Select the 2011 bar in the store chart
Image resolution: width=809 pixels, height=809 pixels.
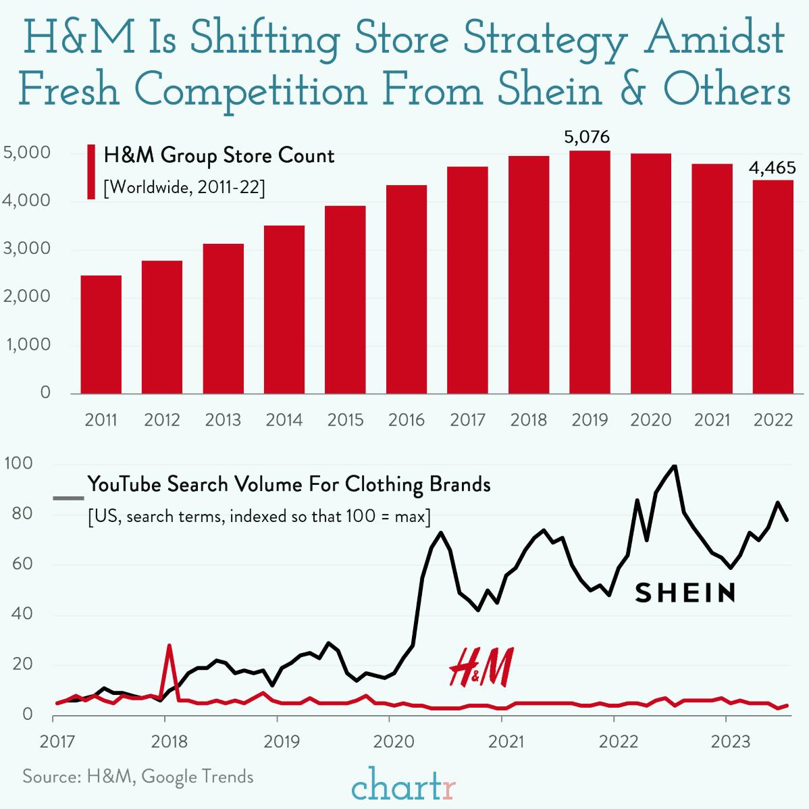pyautogui.click(x=101, y=334)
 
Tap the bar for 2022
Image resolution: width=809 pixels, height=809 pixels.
pyautogui.click(x=773, y=286)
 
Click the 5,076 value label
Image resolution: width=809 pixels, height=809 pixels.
pyautogui.click(x=587, y=138)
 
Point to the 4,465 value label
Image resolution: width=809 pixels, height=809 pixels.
pyautogui.click(x=772, y=168)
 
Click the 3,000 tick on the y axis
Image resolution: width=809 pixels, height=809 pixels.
pyautogui.click(x=27, y=249)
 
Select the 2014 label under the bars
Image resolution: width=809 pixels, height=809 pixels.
pyautogui.click(x=284, y=420)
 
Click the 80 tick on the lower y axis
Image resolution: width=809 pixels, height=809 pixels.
pyautogui.click(x=22, y=513)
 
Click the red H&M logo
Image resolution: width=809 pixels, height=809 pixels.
pyautogui.click(x=481, y=667)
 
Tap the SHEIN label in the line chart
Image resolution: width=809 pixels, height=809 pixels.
pyautogui.click(x=685, y=593)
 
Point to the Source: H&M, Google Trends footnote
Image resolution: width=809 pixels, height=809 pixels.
pyautogui.click(x=138, y=777)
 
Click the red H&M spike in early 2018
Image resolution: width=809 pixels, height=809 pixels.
pyautogui.click(x=169, y=646)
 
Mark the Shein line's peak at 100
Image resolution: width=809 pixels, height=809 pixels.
pyautogui.click(x=674, y=466)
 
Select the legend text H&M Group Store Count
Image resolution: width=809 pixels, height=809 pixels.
pyautogui.click(x=219, y=156)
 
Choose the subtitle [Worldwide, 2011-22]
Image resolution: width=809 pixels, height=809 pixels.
pyautogui.click(x=184, y=187)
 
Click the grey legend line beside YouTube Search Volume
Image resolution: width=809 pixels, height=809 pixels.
pyautogui.click(x=68, y=499)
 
